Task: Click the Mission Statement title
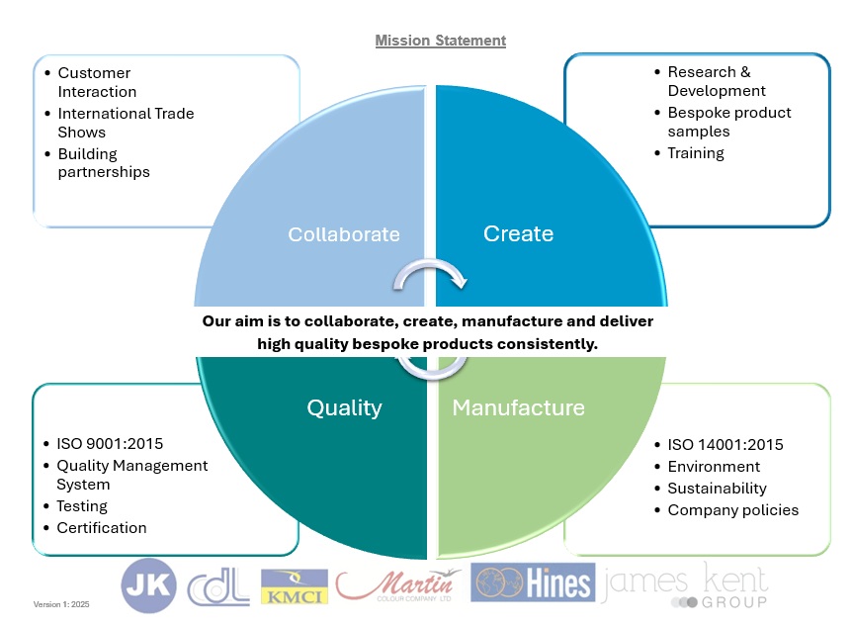[440, 41]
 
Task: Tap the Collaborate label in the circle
[344, 234]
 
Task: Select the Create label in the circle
[518, 233]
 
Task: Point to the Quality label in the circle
[344, 407]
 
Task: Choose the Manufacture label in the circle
[518, 407]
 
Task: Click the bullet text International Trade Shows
[126, 123]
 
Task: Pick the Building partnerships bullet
[104, 163]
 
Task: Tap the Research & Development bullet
[709, 81]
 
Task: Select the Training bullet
[696, 153]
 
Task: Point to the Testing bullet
[82, 506]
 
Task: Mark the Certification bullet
[102, 528]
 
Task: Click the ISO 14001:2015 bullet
[725, 444]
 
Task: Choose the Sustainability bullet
[718, 489]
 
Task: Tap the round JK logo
[149, 586]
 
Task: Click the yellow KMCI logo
[294, 586]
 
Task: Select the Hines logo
[533, 582]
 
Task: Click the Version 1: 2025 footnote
[61, 604]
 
